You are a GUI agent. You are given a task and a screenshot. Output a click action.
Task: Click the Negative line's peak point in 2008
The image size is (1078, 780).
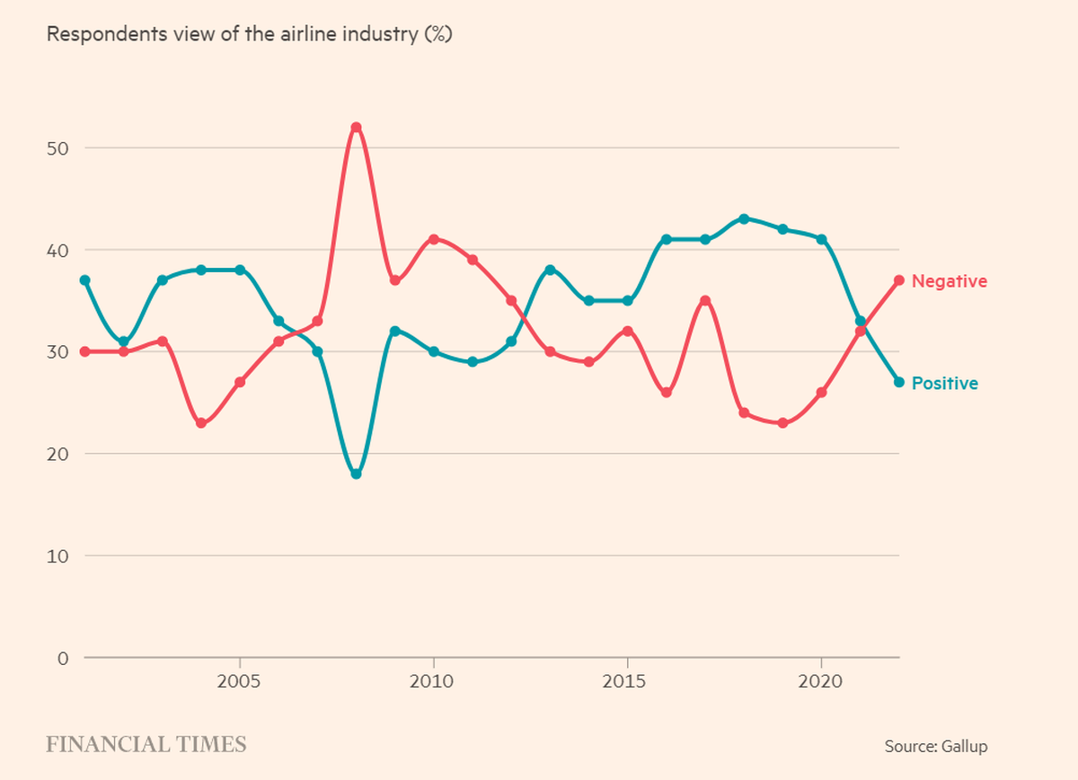click(x=356, y=127)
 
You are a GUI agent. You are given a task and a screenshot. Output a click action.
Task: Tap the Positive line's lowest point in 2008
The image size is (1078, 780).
click(x=356, y=474)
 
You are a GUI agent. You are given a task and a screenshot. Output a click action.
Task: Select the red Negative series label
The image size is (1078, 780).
click(x=949, y=281)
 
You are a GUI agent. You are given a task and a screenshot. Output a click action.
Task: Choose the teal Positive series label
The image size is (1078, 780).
click(x=944, y=384)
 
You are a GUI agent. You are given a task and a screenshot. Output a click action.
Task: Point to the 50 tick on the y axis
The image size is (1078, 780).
click(x=58, y=147)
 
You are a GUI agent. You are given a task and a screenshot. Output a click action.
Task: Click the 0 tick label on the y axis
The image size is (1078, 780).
click(x=63, y=658)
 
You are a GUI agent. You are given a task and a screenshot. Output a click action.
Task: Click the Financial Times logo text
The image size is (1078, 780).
click(x=146, y=744)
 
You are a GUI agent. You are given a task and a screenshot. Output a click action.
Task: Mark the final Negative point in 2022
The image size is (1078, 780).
click(x=898, y=280)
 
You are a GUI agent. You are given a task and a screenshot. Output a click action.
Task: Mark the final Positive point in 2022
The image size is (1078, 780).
click(x=898, y=382)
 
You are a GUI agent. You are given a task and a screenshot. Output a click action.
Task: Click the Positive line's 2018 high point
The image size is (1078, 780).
click(x=744, y=218)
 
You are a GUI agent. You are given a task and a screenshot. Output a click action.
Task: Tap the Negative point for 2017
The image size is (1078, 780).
click(x=705, y=300)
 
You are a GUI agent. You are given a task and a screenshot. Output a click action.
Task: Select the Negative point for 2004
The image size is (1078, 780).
click(x=201, y=423)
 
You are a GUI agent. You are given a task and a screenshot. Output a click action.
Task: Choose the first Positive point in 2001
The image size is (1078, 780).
click(x=84, y=280)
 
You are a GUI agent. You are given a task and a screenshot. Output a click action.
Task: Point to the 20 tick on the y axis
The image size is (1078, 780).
click(x=58, y=454)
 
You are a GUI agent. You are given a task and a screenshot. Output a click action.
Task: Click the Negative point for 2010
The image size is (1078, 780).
click(x=434, y=239)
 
